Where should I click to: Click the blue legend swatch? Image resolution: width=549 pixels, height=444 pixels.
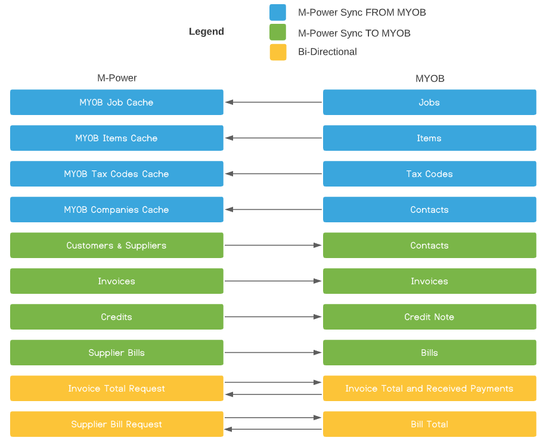278,13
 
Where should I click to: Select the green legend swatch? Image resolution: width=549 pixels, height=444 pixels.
278,32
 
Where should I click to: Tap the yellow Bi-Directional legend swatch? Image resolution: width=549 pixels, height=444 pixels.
278,52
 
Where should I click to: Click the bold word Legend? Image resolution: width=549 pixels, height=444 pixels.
206,32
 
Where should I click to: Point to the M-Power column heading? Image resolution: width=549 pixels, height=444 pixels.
117,77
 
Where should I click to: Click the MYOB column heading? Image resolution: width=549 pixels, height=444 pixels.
430,79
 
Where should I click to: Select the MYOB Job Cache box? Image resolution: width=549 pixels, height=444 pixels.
117,103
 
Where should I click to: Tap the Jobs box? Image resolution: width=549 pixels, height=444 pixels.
430,103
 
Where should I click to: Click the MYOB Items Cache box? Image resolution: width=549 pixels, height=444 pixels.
117,138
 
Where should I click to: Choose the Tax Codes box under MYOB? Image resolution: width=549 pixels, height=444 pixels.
430,173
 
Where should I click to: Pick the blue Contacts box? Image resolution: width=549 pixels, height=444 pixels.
430,209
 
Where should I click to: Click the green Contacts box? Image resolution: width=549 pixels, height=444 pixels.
430,245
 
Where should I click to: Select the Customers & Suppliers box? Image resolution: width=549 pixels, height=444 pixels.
117,245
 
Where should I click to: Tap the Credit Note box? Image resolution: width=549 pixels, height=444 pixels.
430,316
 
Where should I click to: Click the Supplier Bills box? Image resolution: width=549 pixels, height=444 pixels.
117,352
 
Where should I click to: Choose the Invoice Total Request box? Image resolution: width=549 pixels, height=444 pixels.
117,389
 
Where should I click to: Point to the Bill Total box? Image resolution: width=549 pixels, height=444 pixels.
430,424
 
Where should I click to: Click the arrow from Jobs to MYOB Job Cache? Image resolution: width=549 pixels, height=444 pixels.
274,103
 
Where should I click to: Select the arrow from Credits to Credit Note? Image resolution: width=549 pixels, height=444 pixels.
274,316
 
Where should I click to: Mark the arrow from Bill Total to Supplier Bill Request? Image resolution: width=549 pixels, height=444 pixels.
273,429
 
